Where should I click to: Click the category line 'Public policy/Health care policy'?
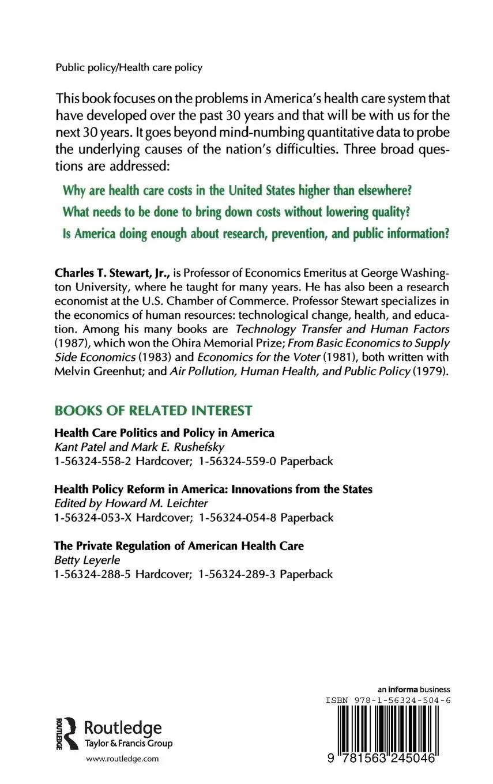tap(129, 67)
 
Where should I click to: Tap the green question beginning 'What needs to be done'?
tap(235, 212)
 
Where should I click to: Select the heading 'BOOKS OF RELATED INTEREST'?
tap(153, 410)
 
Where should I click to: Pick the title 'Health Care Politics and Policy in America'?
tap(164, 432)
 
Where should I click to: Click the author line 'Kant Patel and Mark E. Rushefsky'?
tap(135, 447)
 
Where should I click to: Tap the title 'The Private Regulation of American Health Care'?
tap(179, 545)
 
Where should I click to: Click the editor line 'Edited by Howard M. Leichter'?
tap(130, 503)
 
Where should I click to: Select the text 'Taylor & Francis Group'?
tap(129, 743)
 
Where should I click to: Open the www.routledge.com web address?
tap(122, 759)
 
